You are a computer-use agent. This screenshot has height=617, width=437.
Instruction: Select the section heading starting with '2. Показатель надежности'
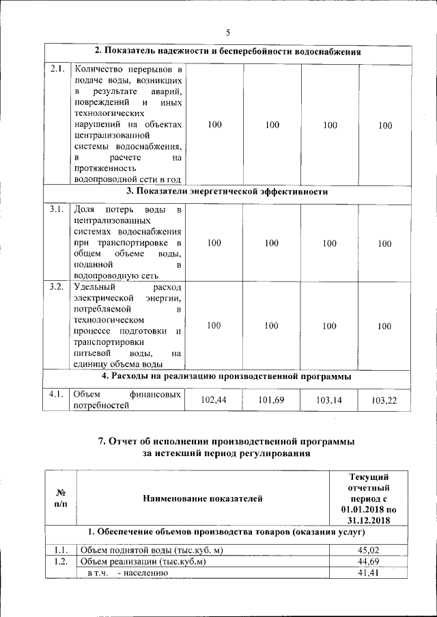pyautogui.click(x=227, y=51)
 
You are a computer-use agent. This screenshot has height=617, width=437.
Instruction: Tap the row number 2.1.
pyautogui.click(x=57, y=68)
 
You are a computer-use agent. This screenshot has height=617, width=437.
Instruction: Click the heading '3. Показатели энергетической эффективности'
pyautogui.click(x=227, y=192)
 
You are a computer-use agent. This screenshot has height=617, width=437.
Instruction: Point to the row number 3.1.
pyautogui.click(x=57, y=209)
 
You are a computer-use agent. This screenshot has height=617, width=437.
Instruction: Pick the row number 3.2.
pyautogui.click(x=57, y=286)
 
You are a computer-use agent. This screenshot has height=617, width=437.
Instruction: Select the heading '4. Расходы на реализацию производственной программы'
pyautogui.click(x=227, y=376)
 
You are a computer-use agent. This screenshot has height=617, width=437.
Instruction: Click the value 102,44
pyautogui.click(x=214, y=400)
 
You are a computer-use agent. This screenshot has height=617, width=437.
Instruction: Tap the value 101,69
pyautogui.click(x=272, y=400)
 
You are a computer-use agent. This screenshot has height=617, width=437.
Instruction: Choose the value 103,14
pyautogui.click(x=330, y=400)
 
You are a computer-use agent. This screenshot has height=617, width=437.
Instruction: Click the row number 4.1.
pyautogui.click(x=57, y=393)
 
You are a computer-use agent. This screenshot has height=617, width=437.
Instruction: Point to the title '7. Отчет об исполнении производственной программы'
pyautogui.click(x=227, y=442)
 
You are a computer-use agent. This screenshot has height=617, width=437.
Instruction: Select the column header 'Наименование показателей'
pyautogui.click(x=203, y=499)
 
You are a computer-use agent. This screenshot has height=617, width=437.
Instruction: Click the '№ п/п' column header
pyautogui.click(x=61, y=498)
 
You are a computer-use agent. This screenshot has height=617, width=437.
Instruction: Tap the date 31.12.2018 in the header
pyautogui.click(x=369, y=520)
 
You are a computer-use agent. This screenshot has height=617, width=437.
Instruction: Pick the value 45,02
pyautogui.click(x=369, y=550)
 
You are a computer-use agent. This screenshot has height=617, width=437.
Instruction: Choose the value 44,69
pyautogui.click(x=369, y=562)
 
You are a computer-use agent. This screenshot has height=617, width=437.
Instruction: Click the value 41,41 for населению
pyautogui.click(x=369, y=573)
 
